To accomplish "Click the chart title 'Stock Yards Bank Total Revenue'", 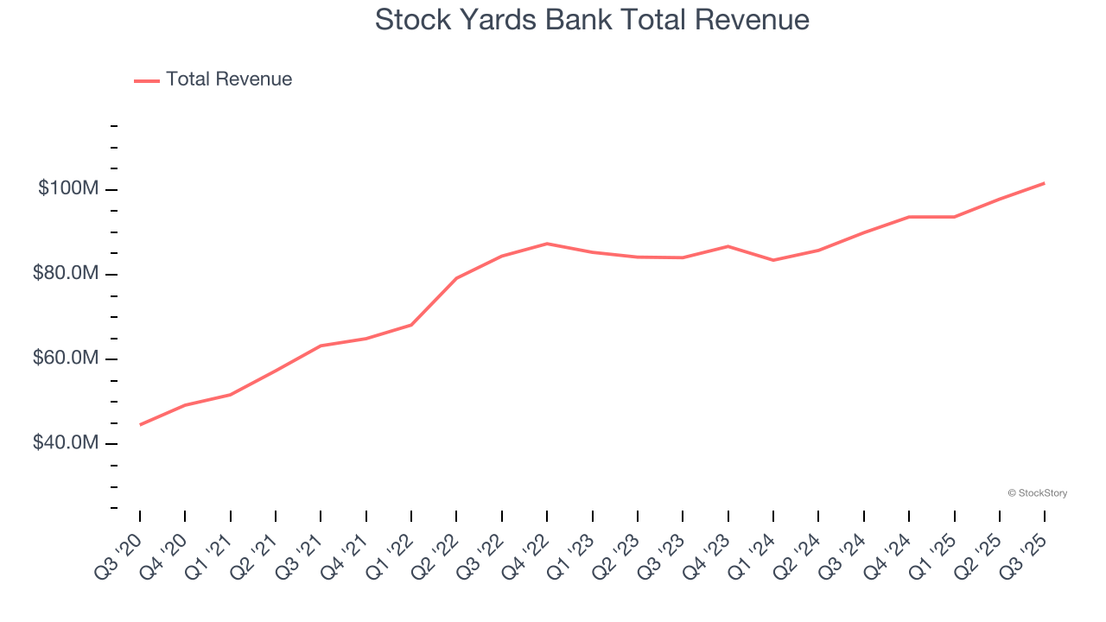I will point(592,20).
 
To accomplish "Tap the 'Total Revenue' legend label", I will point(229,79).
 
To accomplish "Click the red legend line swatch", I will point(147,80).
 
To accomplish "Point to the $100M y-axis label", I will point(67,188).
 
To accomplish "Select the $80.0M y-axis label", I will point(65,273).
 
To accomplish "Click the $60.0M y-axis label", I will point(65,358).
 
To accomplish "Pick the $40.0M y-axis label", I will point(65,442).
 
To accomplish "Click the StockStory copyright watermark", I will point(1037,493).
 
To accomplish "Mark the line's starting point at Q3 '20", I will point(140,424).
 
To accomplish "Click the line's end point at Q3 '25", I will point(1045,183).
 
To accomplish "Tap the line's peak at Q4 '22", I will point(547,244).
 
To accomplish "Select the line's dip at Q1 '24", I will point(773,260).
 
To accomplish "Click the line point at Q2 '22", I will point(456,278).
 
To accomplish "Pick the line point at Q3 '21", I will point(321,346).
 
